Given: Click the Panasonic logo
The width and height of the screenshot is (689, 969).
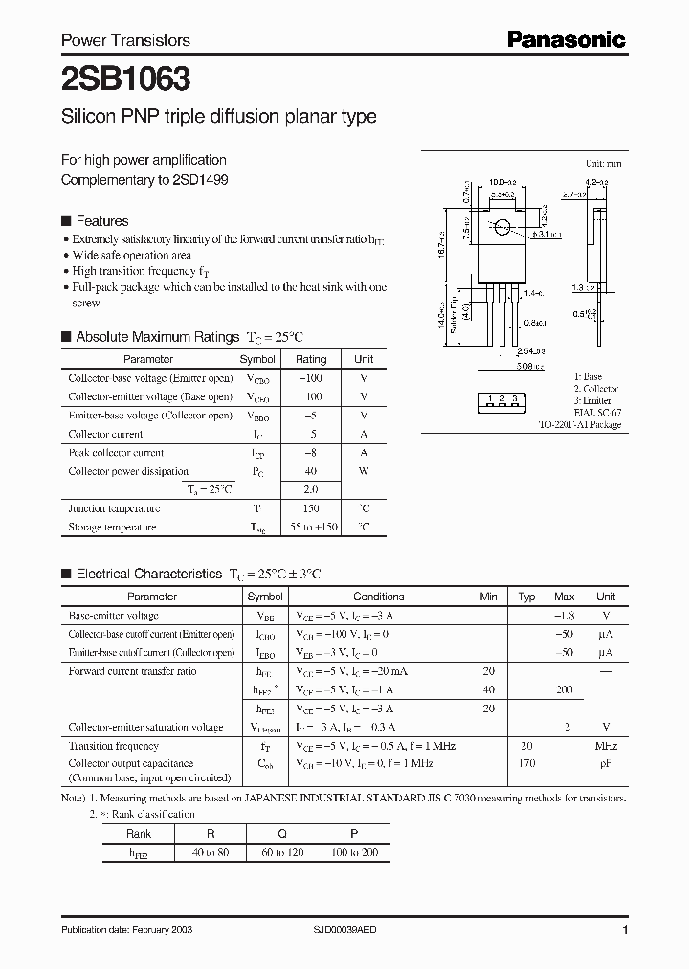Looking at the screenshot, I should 566,39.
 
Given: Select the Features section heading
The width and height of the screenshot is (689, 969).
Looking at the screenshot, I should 102,220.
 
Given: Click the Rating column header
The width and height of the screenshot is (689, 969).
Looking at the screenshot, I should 311,359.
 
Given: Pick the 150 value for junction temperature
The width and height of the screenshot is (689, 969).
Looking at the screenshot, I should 311,508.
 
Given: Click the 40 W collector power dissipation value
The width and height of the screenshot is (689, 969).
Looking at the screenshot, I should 311,471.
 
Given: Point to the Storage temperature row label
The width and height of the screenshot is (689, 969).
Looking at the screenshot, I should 112,527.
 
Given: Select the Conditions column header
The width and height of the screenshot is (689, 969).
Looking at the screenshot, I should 379,597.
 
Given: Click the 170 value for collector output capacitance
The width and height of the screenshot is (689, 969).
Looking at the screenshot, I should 525,764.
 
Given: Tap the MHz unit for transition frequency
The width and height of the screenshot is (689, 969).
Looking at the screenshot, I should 605,746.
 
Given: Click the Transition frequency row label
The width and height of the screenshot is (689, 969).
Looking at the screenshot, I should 113,746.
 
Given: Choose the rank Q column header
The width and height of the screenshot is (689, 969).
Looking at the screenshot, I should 281,833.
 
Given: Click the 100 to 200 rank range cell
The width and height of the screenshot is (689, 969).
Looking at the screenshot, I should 353,851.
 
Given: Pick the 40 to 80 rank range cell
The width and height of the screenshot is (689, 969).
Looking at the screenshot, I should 209,851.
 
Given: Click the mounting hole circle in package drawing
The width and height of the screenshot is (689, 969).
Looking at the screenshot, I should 500,228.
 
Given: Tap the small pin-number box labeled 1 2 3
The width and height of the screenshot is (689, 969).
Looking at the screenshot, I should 501,398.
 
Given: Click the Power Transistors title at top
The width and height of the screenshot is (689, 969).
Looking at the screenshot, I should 125,40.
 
